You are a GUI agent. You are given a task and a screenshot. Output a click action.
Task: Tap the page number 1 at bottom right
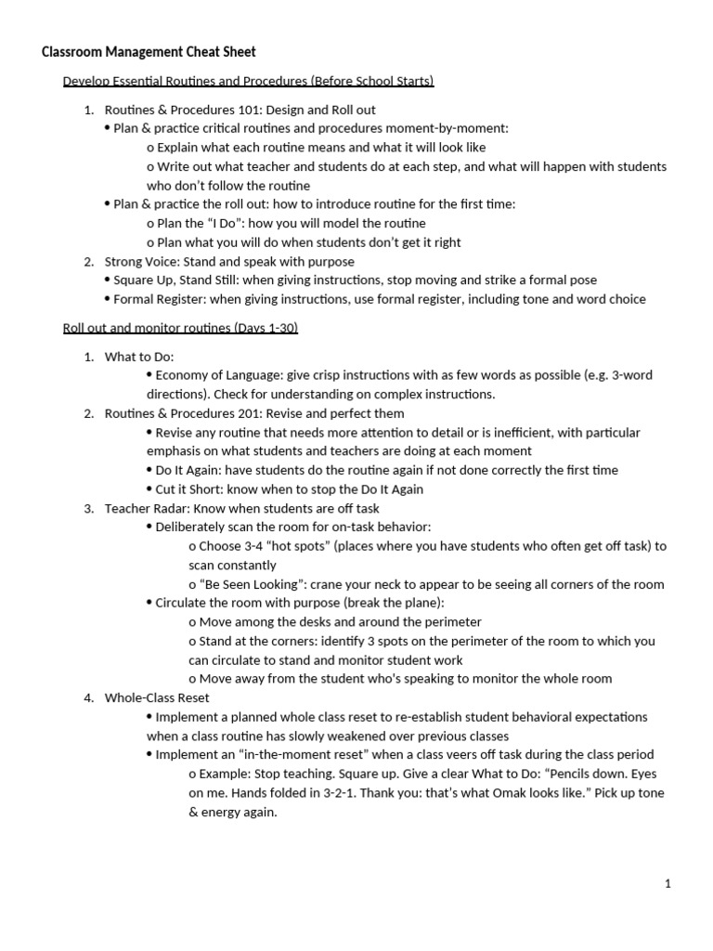click(667, 883)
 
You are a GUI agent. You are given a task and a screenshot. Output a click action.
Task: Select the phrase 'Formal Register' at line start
click(161, 299)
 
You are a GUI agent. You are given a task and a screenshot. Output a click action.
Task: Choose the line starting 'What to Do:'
click(139, 357)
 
